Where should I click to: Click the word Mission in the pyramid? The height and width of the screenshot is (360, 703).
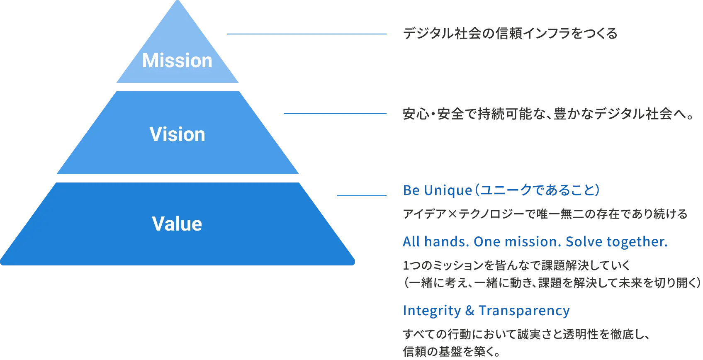[177, 61]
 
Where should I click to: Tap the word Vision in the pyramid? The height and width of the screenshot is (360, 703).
[177, 134]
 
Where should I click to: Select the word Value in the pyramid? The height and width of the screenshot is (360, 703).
[177, 224]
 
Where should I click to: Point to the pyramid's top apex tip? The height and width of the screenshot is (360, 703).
[178, 2]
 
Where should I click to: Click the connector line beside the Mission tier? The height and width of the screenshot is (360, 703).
[306, 35]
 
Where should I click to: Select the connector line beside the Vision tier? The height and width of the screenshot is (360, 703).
[335, 114]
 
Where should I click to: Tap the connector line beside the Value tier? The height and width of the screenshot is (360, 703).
[361, 195]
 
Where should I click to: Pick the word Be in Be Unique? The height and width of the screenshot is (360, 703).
[411, 190]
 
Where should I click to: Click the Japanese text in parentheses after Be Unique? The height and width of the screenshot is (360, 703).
[538, 190]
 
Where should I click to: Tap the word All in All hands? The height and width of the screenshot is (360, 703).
[411, 242]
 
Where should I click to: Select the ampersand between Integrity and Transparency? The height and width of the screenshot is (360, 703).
[469, 311]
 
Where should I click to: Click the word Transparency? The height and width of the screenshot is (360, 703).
[524, 311]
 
